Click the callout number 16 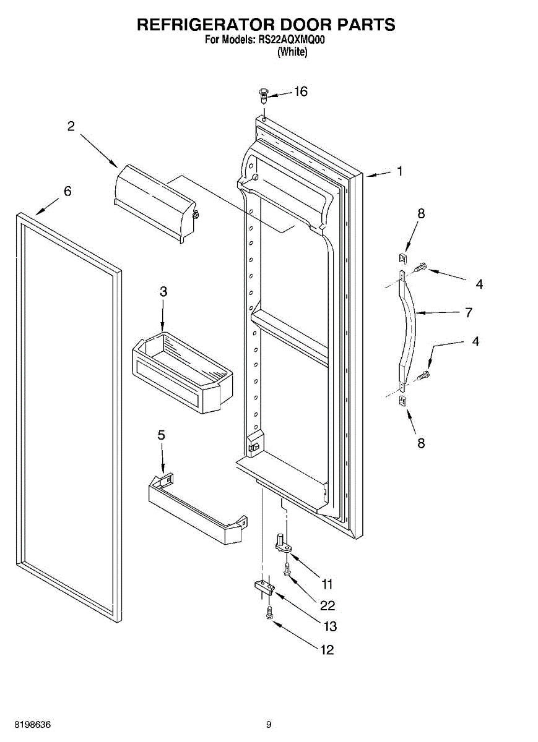point(300,92)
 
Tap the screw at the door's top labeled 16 point(263,95)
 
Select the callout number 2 point(71,126)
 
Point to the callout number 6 point(67,191)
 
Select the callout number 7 point(469,312)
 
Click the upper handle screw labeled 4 point(421,267)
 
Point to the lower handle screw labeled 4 point(424,375)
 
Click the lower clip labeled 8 point(403,401)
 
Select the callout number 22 point(328,605)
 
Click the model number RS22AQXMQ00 point(292,40)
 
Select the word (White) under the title point(292,53)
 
